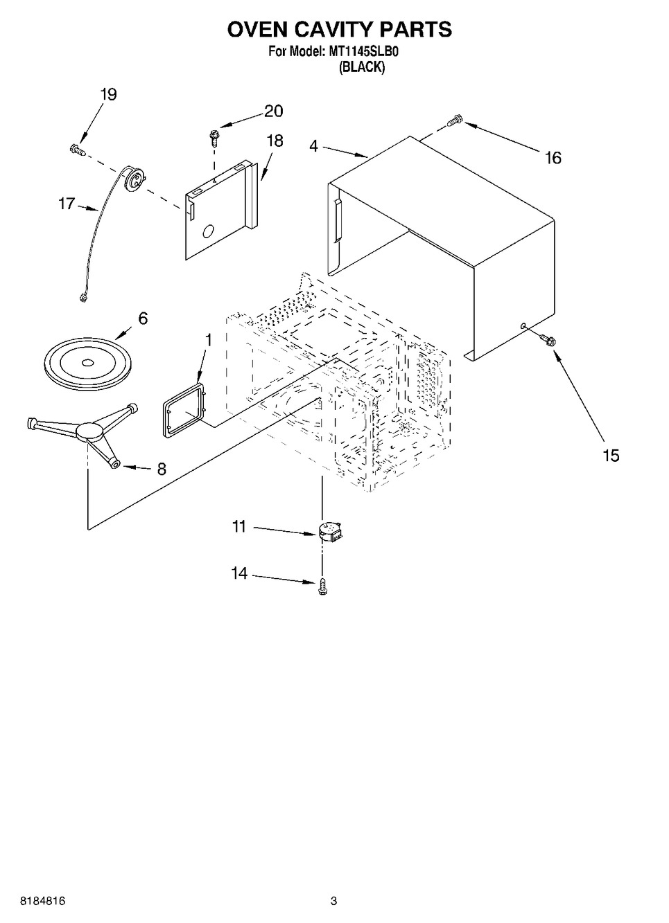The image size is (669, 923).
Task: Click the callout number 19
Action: [x=109, y=95]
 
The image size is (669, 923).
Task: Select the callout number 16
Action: [x=553, y=158]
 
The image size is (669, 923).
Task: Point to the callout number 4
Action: [x=314, y=146]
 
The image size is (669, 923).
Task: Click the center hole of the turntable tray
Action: [x=87, y=363]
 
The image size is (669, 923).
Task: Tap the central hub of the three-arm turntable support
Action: [x=89, y=432]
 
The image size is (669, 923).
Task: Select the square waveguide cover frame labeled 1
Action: [x=184, y=409]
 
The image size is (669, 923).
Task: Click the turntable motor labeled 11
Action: [x=331, y=530]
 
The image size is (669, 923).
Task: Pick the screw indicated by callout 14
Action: [x=322, y=586]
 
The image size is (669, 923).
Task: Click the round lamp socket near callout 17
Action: [x=134, y=179]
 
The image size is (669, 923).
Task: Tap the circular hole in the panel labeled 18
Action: [x=208, y=231]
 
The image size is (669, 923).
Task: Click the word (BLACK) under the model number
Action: [x=362, y=66]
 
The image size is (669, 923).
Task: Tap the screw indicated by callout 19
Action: [x=78, y=150]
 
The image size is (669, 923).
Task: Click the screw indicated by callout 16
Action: [x=455, y=120]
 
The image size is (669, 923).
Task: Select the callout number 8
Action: [x=162, y=469]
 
